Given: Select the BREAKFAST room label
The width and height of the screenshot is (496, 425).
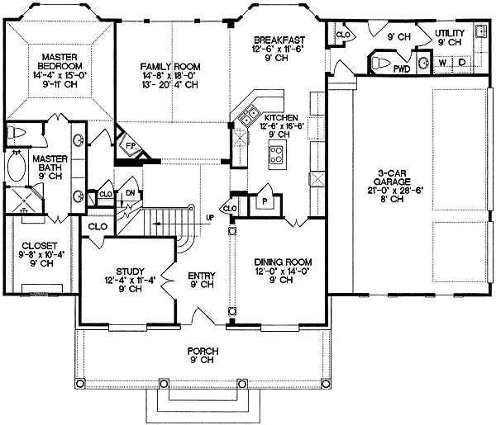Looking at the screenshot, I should pyautogui.click(x=279, y=40).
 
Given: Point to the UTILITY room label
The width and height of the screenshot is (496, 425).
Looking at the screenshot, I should pyautogui.click(x=450, y=32).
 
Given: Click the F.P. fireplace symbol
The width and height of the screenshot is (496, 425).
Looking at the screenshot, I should pyautogui.click(x=129, y=146).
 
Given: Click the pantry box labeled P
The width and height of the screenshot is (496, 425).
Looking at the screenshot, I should pyautogui.click(x=265, y=201).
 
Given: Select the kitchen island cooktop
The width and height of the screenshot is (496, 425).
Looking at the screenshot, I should pyautogui.click(x=277, y=152).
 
